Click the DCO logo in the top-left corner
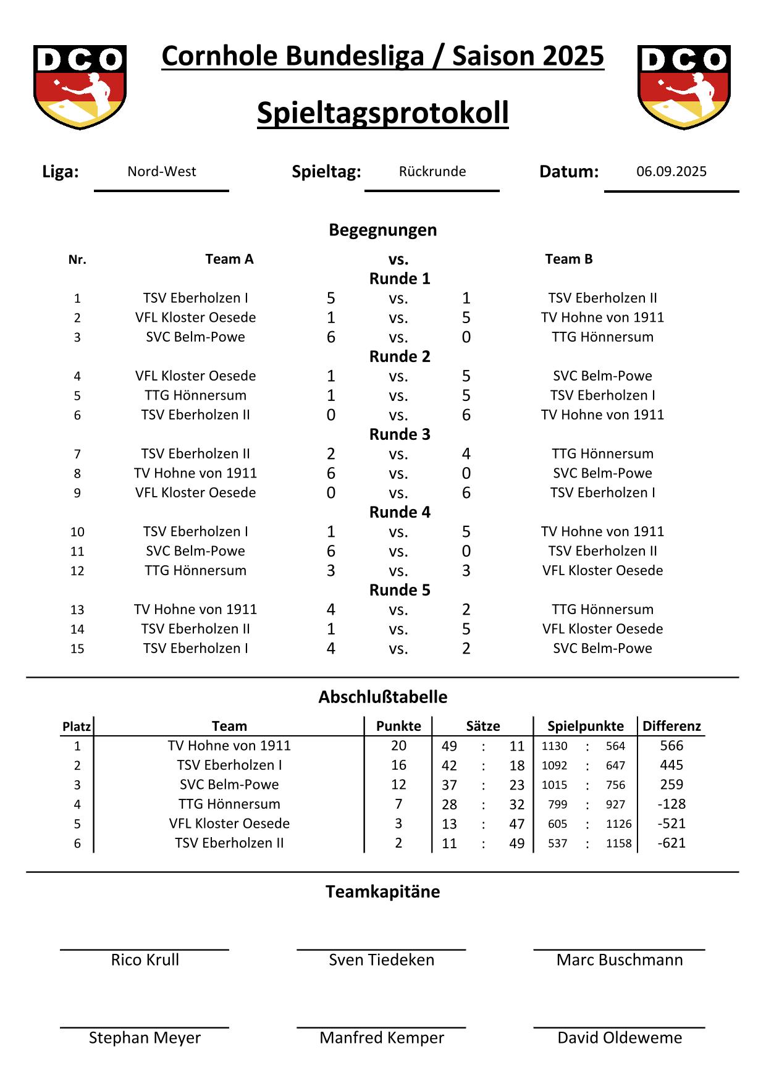pyautogui.click(x=80, y=86)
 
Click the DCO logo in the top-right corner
pyautogui.click(x=684, y=86)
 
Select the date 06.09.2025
pyautogui.click(x=671, y=172)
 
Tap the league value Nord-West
pyautogui.click(x=161, y=172)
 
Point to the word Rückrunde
pyautogui.click(x=432, y=172)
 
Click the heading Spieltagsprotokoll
pyautogui.click(x=382, y=113)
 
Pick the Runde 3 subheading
pyautogui.click(x=399, y=434)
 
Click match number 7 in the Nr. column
pyautogui.click(x=77, y=454)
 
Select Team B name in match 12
pyautogui.click(x=602, y=570)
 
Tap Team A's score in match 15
pyautogui.click(x=330, y=648)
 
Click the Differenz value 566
pyautogui.click(x=671, y=746)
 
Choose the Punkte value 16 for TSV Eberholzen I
pyautogui.click(x=398, y=765)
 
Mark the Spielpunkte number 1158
pyautogui.click(x=618, y=843)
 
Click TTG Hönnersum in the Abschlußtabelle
pyautogui.click(x=229, y=804)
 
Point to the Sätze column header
pyautogui.click(x=482, y=726)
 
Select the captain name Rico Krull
pyautogui.click(x=145, y=959)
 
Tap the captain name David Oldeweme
pyautogui.click(x=619, y=1037)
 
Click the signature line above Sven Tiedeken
pyautogui.click(x=381, y=950)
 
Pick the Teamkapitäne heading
pyautogui.click(x=382, y=891)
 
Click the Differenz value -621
pyautogui.click(x=671, y=843)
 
